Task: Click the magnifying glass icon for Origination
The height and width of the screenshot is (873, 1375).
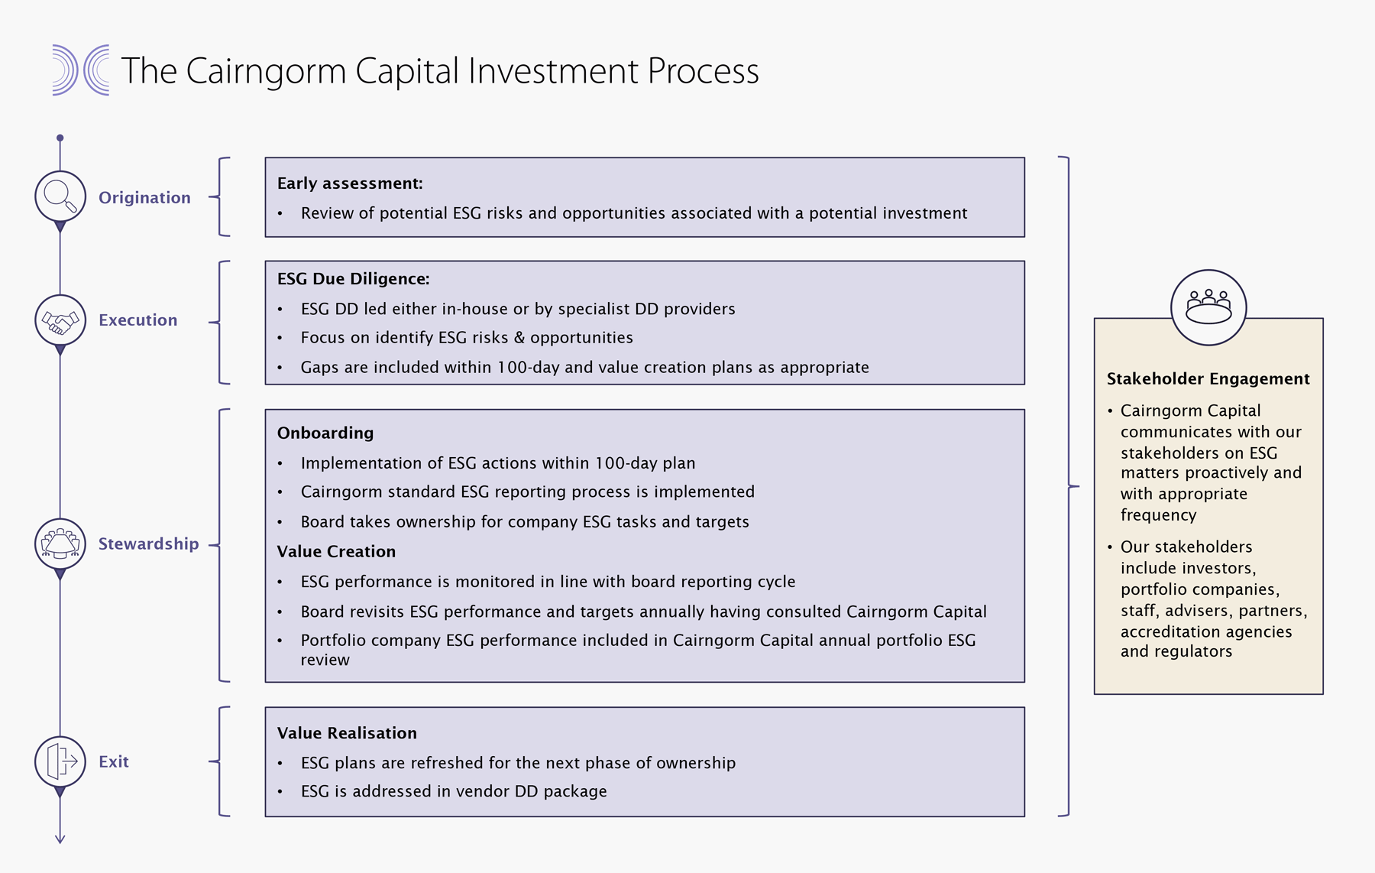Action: coord(60,196)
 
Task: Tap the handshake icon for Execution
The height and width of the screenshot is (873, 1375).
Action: coord(60,320)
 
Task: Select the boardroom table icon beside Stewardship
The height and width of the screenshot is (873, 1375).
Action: coord(60,544)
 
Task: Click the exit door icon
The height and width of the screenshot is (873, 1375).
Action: coord(60,761)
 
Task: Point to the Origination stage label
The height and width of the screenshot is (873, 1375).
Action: coord(144,198)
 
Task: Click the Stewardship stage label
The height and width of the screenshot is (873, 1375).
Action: coord(148,544)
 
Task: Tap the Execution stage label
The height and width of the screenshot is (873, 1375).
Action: coord(137,320)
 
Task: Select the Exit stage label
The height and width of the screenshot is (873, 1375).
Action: coord(114,762)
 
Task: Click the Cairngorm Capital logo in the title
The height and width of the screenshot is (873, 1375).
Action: coord(80,70)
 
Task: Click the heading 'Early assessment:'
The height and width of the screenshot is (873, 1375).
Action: coord(350,183)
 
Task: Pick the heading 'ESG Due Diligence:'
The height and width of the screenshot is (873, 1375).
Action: coord(353,279)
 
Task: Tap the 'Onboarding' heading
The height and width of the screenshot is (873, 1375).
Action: coord(325,433)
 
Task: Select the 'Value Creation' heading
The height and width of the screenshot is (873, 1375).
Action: coord(336,552)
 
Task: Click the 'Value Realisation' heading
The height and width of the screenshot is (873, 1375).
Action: coord(347,733)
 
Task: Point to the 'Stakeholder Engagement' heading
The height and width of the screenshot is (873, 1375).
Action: coord(1208,379)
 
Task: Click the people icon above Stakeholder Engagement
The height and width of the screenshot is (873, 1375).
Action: coord(1208,307)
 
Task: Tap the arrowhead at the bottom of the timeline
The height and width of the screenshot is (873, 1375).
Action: coord(60,839)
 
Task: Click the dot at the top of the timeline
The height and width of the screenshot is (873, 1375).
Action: coord(60,138)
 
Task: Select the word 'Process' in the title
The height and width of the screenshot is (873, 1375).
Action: coord(703,71)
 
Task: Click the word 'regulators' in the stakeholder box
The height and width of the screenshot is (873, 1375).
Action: coord(1192,652)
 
